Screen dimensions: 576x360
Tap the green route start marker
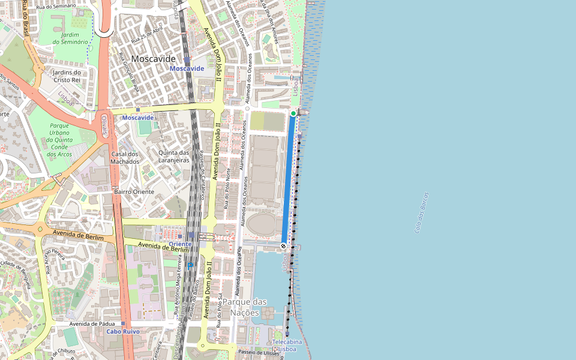pyautogui.click(x=293, y=113)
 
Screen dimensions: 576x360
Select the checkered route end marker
pyautogui.click(x=283, y=245)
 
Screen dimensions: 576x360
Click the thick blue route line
pyautogui.click(x=289, y=180)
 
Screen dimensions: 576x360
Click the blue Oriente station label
pyautogui.click(x=180, y=244)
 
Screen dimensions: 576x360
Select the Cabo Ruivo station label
pyautogui.click(x=123, y=331)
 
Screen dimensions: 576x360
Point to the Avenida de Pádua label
pyautogui.click(x=92, y=324)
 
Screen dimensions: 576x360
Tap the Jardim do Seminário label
pyautogui.click(x=70, y=38)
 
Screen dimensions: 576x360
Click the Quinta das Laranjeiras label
pyautogui.click(x=173, y=157)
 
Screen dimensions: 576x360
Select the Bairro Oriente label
pyautogui.click(x=134, y=191)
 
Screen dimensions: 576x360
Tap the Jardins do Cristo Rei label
pyautogui.click(x=67, y=76)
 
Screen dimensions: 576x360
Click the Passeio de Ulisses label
pyautogui.click(x=259, y=352)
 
